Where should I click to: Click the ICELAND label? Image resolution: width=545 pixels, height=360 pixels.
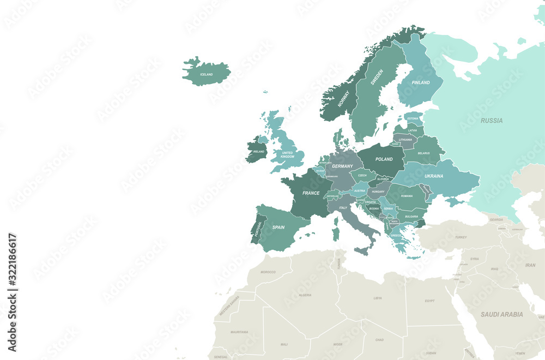click(x=207, y=74)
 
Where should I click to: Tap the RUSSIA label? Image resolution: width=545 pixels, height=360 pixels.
click(x=492, y=121)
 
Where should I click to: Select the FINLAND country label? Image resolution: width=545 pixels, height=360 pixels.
click(x=421, y=83)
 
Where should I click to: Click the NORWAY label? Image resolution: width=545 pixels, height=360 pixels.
click(x=343, y=98)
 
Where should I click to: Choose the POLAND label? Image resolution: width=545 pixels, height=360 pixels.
click(x=384, y=159)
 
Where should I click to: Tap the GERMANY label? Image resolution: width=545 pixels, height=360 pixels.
click(x=343, y=166)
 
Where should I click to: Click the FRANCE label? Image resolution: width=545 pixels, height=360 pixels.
click(x=311, y=193)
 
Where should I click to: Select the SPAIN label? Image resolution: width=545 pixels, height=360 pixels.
click(x=278, y=227)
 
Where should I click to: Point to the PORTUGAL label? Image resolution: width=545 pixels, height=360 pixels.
click(x=257, y=229)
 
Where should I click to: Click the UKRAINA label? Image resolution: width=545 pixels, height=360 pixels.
click(x=434, y=176)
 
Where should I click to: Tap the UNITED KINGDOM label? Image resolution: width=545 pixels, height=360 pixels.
click(x=287, y=154)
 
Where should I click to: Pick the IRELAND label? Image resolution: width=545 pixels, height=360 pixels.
click(x=258, y=152)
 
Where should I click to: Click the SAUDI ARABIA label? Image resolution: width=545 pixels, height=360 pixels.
click(x=501, y=314)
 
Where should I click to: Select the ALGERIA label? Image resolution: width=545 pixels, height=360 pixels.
click(x=305, y=295)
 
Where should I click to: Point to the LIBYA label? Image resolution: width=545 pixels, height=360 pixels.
click(x=377, y=298)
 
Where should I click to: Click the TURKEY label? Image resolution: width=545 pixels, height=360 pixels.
click(x=461, y=237)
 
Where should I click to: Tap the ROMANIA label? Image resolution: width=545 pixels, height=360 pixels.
click(x=407, y=196)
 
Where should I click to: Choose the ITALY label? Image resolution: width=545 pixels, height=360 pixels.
click(x=343, y=208)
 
